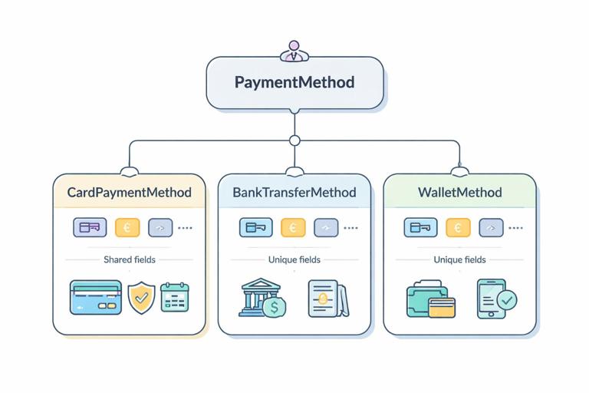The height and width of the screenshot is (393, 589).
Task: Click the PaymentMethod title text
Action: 294,82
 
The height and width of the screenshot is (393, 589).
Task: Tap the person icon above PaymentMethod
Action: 294,51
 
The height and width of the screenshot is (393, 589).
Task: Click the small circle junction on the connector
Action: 294,140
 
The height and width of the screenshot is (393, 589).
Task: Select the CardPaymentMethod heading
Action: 130,192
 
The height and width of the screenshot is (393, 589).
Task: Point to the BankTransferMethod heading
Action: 294,192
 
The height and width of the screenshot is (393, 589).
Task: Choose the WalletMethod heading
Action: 459,192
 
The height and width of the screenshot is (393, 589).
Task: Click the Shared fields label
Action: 130,259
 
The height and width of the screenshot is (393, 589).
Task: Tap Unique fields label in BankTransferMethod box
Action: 294,259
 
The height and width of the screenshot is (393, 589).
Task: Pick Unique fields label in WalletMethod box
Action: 459,259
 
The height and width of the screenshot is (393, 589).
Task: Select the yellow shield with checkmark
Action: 141,298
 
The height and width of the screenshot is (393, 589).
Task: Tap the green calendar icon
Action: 175,297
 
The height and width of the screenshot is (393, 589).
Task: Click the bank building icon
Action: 256,295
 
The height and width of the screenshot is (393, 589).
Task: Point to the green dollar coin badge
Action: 274,308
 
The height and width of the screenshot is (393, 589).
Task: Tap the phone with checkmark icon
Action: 495,298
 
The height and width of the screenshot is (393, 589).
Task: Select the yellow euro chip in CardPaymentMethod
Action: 127,227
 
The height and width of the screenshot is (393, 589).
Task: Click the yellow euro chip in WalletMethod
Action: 458,227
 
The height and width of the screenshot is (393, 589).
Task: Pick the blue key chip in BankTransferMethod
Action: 255,227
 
